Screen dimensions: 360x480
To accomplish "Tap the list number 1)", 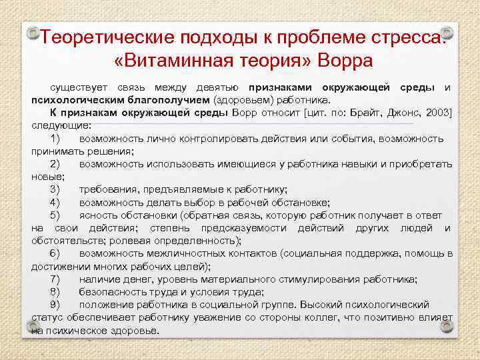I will pos(55,138).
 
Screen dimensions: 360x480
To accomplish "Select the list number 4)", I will pos(55,203).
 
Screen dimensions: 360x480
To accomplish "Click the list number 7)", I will pos(55,279).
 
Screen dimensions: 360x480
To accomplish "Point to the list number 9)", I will pos(55,305).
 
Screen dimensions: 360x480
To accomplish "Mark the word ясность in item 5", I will pos(99,215).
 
